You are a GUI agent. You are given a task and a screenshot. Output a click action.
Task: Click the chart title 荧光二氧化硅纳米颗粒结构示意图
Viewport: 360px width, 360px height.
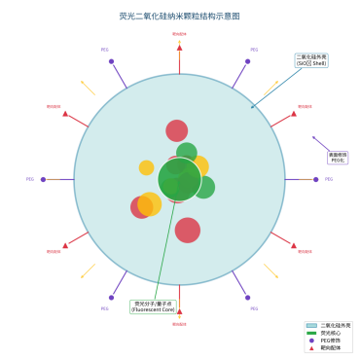pos(179,17)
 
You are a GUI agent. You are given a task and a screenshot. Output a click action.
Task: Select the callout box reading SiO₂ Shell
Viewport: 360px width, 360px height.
pos(312,60)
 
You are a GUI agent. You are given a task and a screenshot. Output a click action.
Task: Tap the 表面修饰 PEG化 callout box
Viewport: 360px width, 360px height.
pos(338,157)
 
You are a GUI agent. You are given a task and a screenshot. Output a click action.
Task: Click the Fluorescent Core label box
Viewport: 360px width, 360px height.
pos(152,306)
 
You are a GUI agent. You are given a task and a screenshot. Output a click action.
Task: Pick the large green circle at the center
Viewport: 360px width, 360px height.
pos(179,179)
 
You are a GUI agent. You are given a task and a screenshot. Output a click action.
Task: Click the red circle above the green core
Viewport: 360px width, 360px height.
pos(176,130)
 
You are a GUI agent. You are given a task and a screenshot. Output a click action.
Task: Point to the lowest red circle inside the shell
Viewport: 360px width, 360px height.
pos(188,231)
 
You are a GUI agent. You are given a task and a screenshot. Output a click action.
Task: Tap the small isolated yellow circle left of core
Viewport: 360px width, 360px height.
pos(146,167)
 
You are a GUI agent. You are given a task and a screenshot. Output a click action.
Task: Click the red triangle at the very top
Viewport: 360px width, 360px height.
pos(179,46)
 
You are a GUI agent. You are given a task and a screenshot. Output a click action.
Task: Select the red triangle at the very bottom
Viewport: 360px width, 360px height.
pos(179,312)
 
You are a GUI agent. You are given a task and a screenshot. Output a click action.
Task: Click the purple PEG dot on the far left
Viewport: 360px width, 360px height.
pos(43,179)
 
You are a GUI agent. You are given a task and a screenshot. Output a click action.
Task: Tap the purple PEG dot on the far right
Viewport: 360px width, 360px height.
pos(315,179)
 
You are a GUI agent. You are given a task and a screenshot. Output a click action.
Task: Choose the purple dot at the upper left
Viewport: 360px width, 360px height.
pos(111,61)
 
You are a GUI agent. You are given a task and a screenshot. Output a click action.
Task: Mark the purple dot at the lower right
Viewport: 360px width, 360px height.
pos(247,297)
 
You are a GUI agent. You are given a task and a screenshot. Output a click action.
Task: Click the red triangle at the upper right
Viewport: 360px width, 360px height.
pos(294,113)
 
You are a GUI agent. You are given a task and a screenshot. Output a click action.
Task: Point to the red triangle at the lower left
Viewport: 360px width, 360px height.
pos(65,245)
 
